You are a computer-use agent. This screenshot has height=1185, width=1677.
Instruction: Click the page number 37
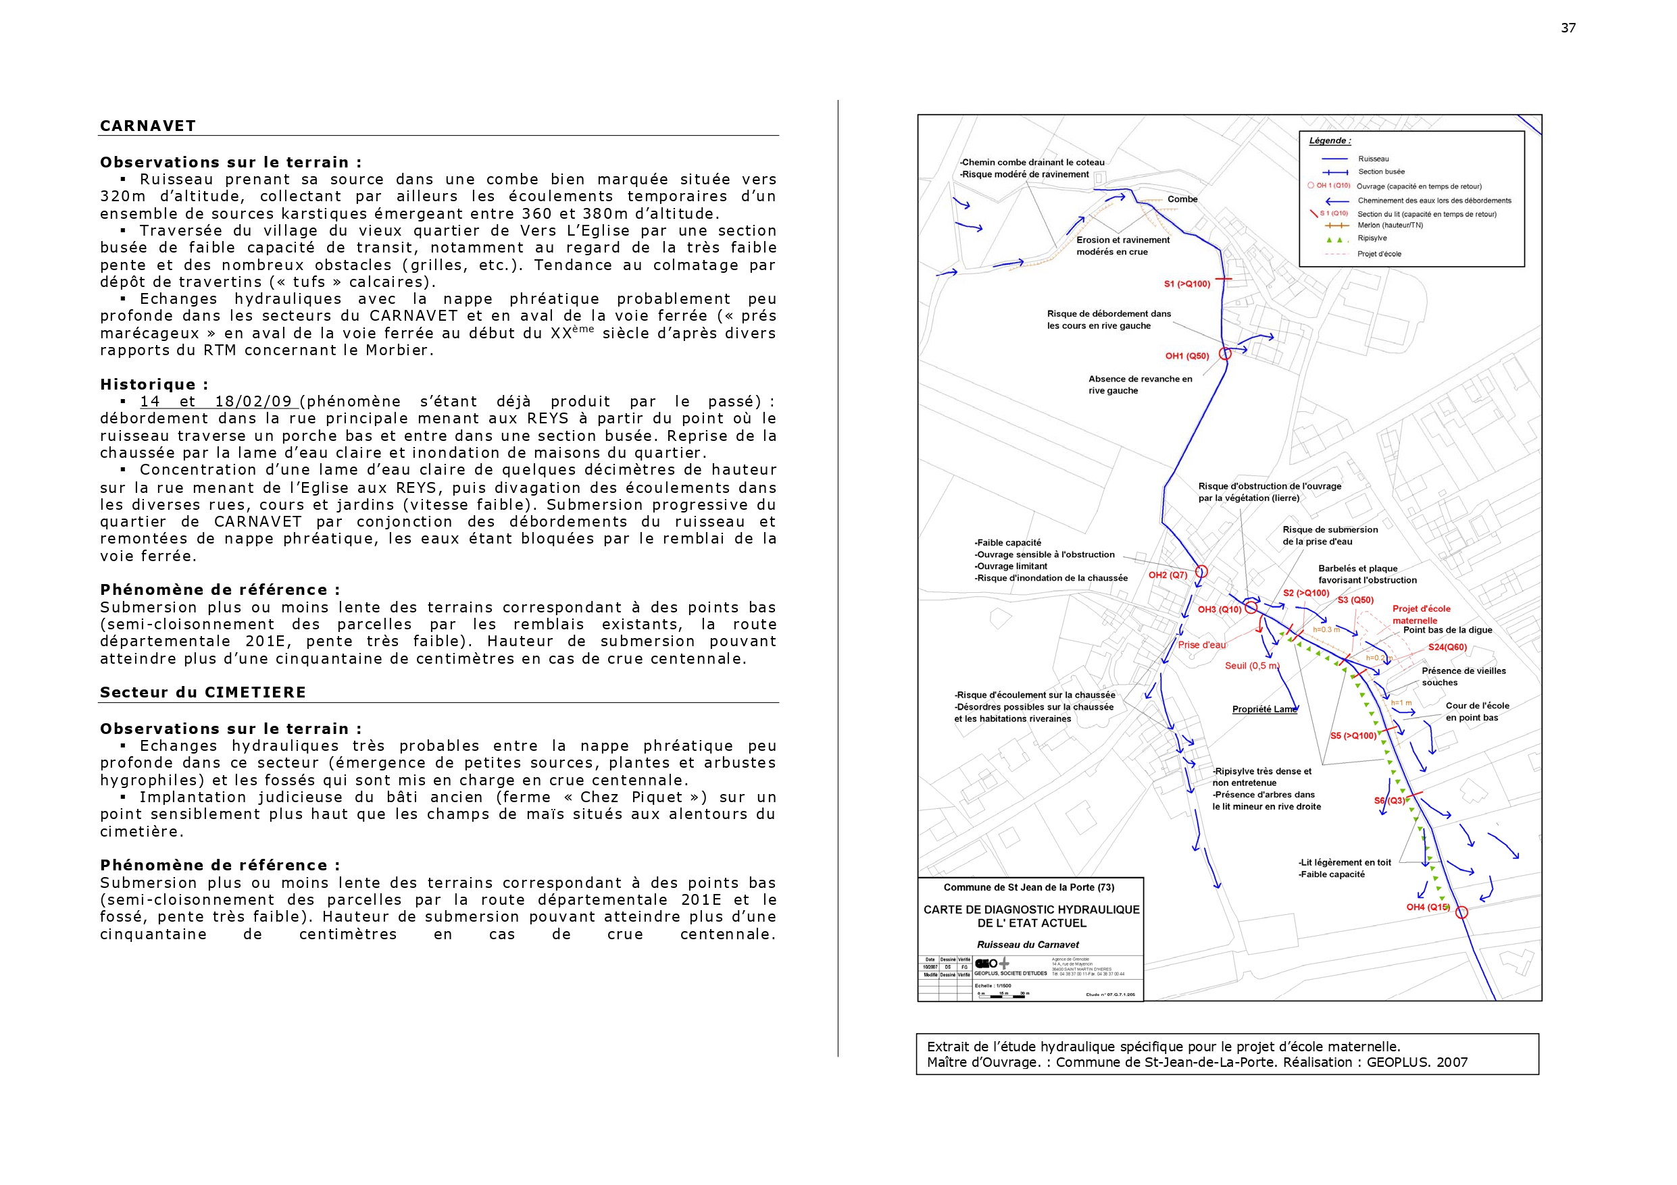tap(1568, 28)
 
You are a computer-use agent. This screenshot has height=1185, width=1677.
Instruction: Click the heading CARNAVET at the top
tap(147, 126)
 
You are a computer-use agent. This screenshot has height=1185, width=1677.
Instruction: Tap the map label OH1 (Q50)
tap(1187, 357)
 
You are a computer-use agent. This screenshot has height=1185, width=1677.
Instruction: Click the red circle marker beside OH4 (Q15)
tap(1461, 912)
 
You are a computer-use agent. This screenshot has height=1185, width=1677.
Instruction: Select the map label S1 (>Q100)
tap(1187, 284)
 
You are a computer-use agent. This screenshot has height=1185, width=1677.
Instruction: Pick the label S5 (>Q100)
tap(1353, 735)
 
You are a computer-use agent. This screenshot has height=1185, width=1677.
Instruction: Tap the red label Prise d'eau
tap(1201, 645)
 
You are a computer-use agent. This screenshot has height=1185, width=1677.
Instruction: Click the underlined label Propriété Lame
tap(1264, 709)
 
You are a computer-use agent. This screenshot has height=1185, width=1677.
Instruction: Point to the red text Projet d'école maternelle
tap(1421, 614)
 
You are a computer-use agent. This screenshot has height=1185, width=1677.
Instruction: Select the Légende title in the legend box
tap(1329, 141)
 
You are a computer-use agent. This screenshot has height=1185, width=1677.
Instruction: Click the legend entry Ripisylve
tap(1372, 238)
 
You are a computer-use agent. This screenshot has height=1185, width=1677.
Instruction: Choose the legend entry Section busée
tap(1380, 172)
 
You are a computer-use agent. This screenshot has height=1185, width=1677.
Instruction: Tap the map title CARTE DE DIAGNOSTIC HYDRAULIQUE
tap(1031, 910)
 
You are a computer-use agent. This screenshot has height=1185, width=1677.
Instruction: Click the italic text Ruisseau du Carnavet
tap(1028, 944)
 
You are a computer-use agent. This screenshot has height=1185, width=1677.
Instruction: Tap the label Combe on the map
tap(1182, 199)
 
